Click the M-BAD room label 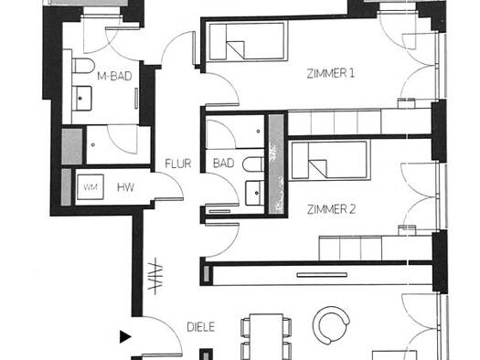[114, 76]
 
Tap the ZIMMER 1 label [331, 73]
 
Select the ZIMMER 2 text [331, 209]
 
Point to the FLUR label [178, 164]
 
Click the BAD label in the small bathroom [224, 163]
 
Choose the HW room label [125, 187]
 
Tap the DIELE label [201, 327]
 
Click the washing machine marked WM [91, 187]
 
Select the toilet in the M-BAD [83, 66]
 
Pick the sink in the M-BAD [81, 99]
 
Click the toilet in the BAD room [253, 164]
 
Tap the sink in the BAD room [255, 193]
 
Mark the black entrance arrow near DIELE [125, 337]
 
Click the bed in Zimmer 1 [248, 41]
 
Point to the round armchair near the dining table [331, 325]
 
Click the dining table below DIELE [266, 336]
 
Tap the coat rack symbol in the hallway [155, 276]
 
